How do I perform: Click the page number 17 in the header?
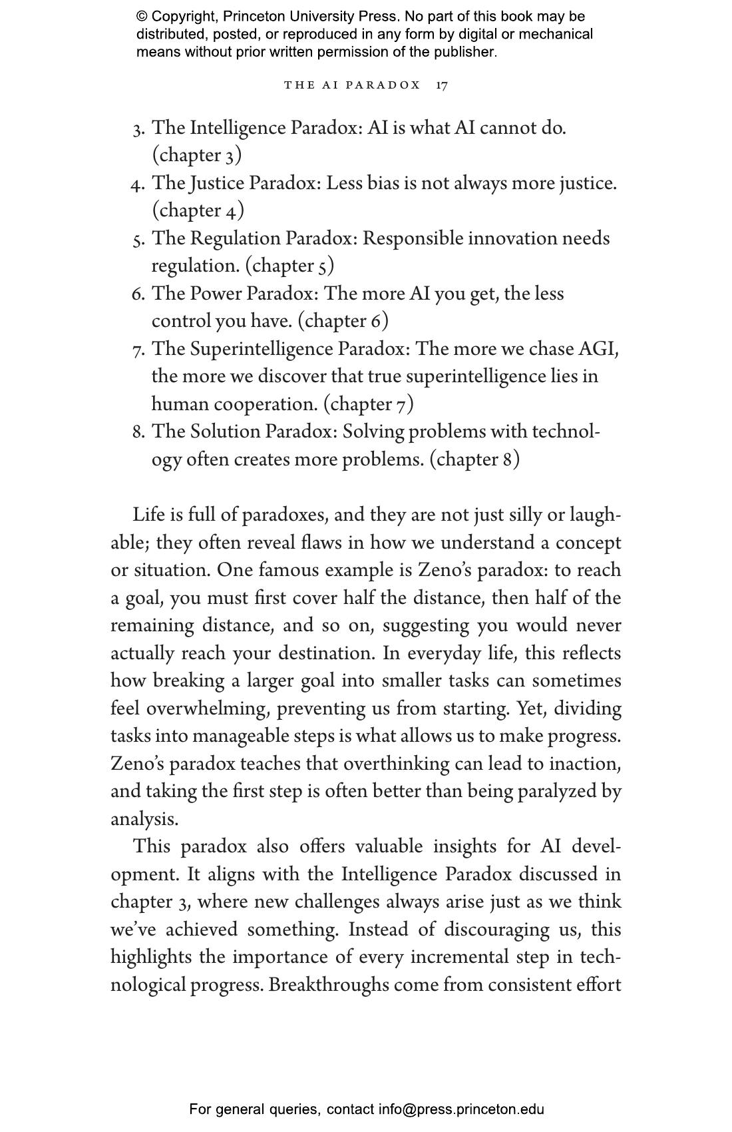tap(442, 85)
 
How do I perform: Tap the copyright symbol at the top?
tap(142, 17)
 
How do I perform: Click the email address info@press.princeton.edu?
tap(461, 1109)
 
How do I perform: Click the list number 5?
tap(138, 239)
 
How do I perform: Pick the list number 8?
tap(138, 432)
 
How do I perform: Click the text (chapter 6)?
tap(343, 321)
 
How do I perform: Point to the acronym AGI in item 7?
tap(598, 349)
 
